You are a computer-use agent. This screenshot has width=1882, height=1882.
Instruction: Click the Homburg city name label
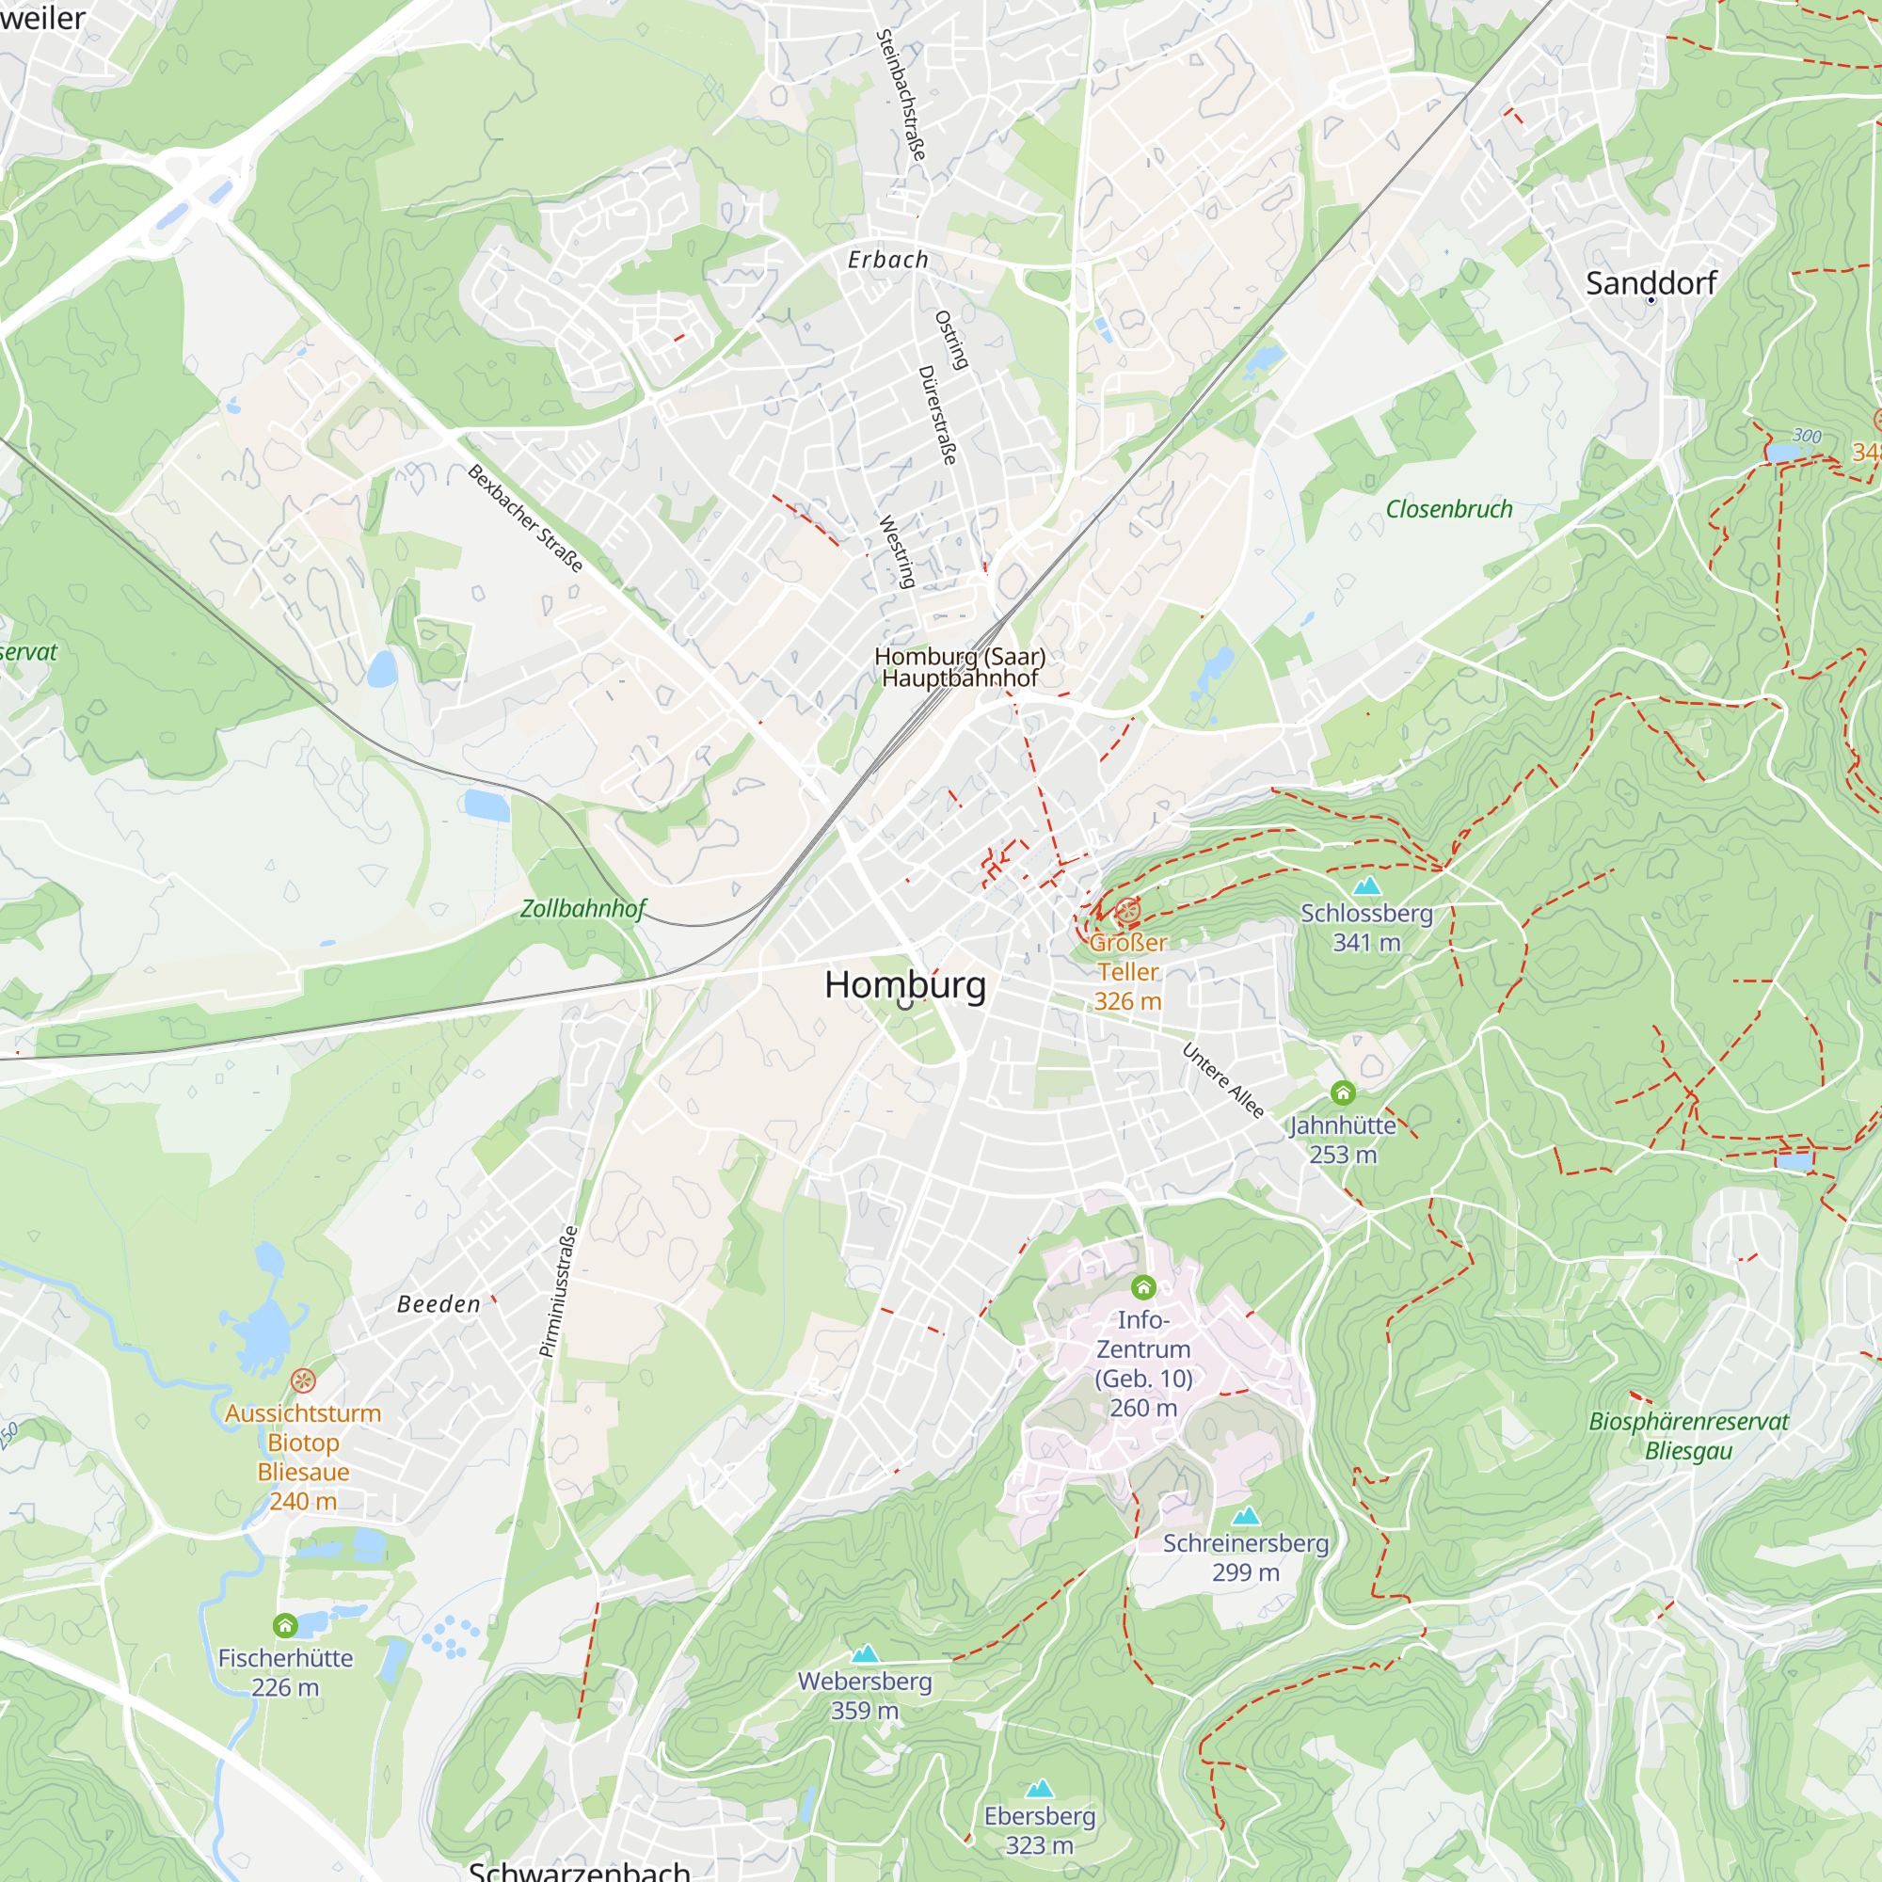point(905,984)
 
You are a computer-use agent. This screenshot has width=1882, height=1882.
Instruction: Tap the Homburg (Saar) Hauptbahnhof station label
point(960,667)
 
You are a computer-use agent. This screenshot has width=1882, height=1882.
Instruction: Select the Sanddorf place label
point(1651,282)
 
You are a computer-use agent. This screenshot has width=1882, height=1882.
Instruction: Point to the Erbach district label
point(887,259)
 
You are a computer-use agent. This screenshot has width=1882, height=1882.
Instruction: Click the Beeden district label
point(439,1303)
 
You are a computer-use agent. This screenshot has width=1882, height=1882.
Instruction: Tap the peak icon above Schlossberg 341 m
point(1366,885)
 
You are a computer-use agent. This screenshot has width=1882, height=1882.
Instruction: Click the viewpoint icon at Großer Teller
point(1127,912)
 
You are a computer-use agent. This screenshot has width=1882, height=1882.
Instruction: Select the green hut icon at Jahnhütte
point(1343,1093)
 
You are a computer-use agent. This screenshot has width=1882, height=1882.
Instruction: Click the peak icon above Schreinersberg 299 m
point(1246,1516)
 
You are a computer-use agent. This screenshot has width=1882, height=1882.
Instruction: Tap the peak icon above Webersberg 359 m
point(865,1654)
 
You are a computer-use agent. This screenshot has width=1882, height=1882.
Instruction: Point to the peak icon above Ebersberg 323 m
point(1040,1789)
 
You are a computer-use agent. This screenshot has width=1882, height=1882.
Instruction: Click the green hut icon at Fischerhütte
point(284,1625)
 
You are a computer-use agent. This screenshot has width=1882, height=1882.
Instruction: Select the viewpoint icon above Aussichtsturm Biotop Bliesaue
point(303,1380)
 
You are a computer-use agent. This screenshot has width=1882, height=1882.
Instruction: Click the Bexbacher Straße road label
point(525,518)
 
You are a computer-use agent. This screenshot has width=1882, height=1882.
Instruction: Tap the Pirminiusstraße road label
point(559,1292)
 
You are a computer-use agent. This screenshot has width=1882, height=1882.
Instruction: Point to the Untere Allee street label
point(1222,1080)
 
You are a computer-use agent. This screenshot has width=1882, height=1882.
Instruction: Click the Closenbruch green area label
point(1448,508)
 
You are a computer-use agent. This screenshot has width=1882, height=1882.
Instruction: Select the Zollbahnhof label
point(582,908)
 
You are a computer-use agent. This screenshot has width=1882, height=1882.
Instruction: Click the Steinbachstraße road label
point(901,94)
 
